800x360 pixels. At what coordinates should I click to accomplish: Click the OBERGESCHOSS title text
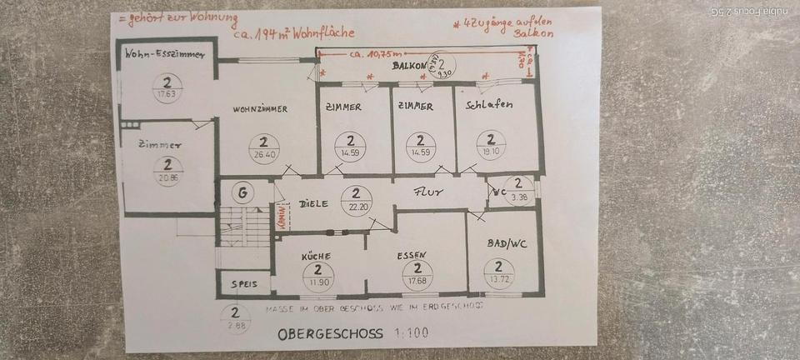pyautogui.click(x=330, y=334)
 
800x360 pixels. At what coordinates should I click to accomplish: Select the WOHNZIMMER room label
pyautogui.click(x=261, y=109)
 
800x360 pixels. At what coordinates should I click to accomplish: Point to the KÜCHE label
pyautogui.click(x=317, y=257)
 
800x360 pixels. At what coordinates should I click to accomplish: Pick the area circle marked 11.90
pyautogui.click(x=318, y=274)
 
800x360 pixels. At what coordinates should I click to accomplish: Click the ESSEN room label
pyautogui.click(x=412, y=256)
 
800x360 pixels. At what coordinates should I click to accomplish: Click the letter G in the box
pyautogui.click(x=242, y=193)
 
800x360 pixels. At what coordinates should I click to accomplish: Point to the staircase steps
pyautogui.click(x=245, y=227)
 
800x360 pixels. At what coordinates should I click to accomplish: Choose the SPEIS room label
pyautogui.click(x=244, y=285)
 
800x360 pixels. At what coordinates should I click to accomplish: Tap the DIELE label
pyautogui.click(x=312, y=202)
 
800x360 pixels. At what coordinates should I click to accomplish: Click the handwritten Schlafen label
pyautogui.click(x=489, y=105)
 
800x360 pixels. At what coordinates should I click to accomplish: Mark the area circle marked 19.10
pyautogui.click(x=491, y=145)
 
